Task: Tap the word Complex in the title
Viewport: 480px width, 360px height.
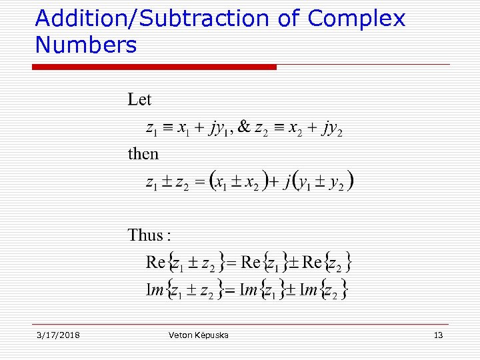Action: [357, 19]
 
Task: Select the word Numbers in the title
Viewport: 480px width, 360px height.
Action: [85, 45]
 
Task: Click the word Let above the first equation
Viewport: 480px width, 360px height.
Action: [140, 100]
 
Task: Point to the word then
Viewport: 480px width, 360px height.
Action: [143, 154]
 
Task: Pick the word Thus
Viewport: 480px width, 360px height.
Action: [146, 235]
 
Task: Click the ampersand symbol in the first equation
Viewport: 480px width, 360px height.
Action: [244, 127]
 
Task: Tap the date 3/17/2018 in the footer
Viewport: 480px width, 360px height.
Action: [58, 335]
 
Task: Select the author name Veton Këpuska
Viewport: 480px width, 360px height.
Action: [199, 335]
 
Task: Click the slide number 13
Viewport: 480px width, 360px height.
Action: [438, 335]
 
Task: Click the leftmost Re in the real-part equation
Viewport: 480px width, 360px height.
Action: [155, 262]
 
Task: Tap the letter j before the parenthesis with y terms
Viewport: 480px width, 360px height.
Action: [287, 181]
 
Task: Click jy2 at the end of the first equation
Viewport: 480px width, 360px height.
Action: [331, 128]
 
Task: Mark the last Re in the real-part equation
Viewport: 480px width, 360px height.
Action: [312, 262]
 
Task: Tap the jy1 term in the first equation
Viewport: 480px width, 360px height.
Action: [219, 128]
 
